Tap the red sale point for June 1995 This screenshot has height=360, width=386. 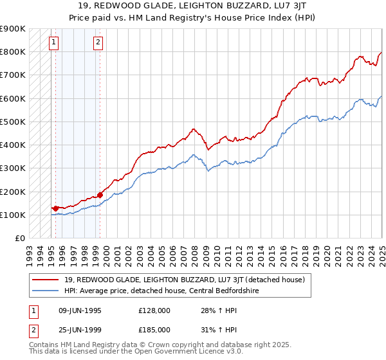(x=55, y=208)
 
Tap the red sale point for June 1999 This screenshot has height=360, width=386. (x=100, y=195)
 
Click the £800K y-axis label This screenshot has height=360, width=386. (x=13, y=51)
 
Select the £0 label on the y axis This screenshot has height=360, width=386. (x=19, y=238)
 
